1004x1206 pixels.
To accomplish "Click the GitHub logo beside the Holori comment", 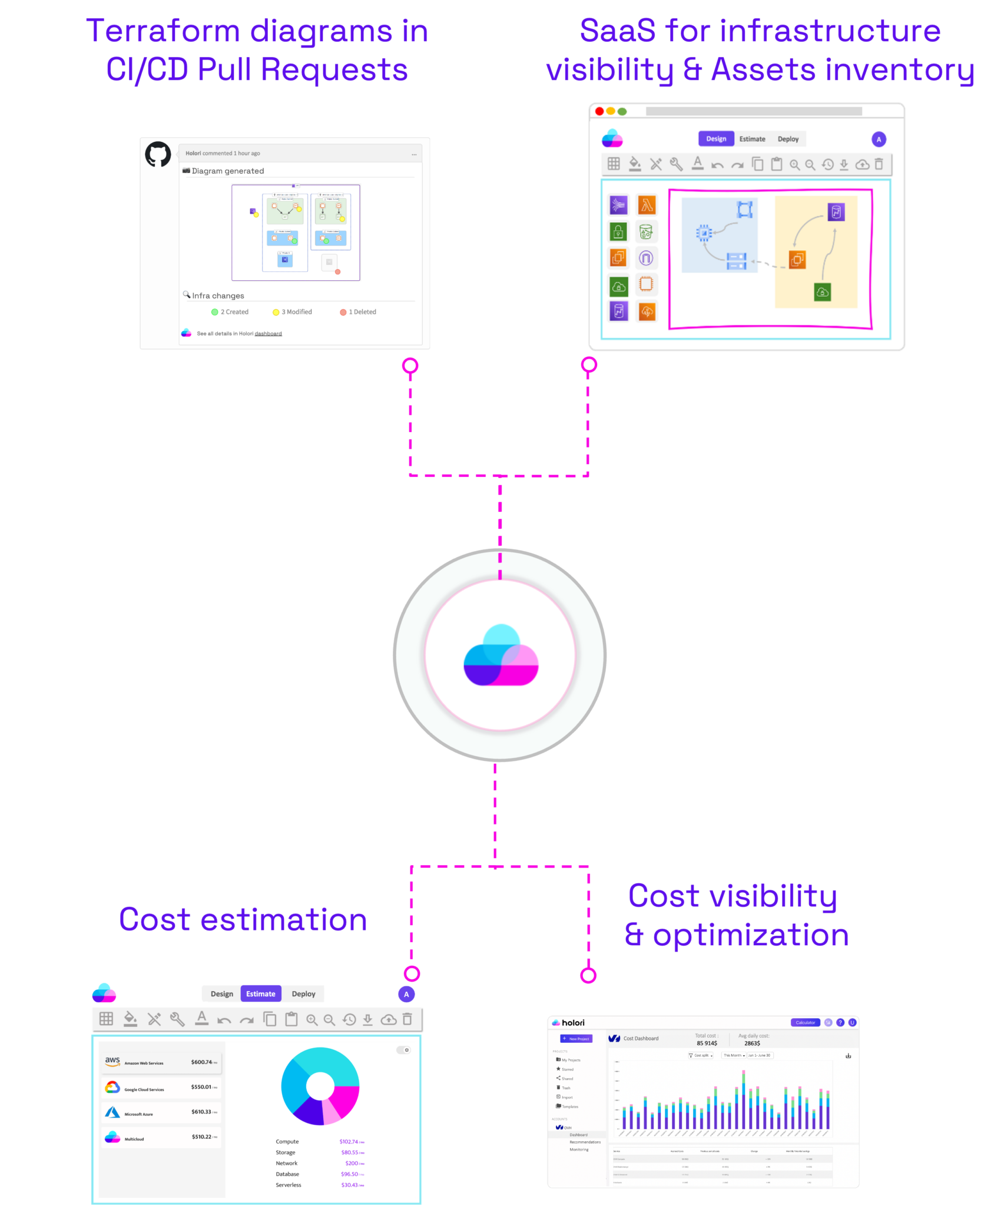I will (158, 154).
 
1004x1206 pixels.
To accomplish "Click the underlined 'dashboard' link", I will (268, 334).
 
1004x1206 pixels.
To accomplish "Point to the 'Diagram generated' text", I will (227, 171).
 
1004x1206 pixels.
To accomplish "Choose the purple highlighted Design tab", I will (716, 139).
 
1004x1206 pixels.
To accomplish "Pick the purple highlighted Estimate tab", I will (260, 994).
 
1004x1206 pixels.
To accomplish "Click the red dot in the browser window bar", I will (599, 111).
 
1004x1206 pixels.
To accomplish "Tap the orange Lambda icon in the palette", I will (647, 205).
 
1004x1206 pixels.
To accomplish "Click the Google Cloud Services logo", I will (112, 1088).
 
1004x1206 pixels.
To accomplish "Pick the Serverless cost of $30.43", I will (352, 1185).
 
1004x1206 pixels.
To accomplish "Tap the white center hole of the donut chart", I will (320, 1086).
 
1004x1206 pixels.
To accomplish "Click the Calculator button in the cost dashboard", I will (805, 1023).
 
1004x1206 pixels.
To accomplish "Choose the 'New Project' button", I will (576, 1039).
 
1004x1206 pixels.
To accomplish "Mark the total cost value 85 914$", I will (707, 1043).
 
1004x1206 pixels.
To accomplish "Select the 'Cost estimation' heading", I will (243, 920).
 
